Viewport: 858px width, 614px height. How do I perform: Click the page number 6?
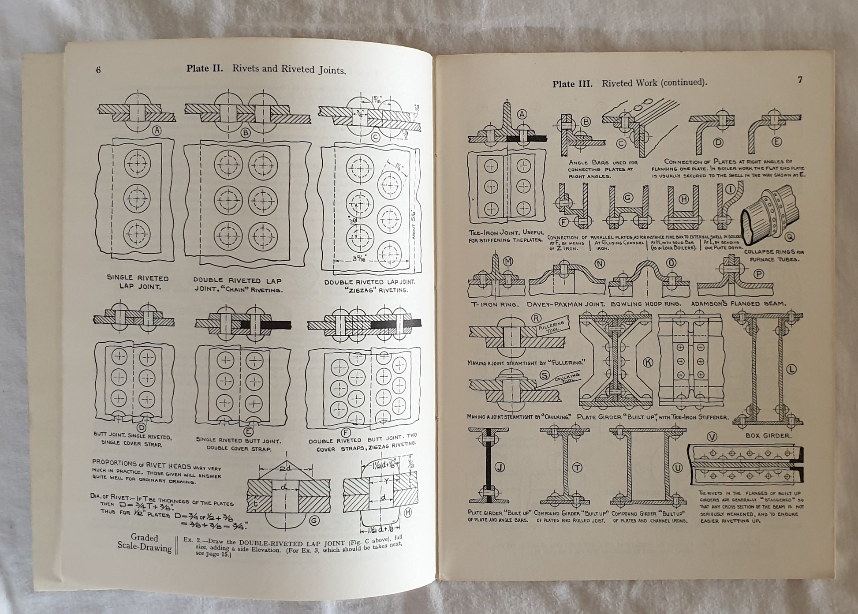pos(98,70)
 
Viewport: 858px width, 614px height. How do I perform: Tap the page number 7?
pos(800,80)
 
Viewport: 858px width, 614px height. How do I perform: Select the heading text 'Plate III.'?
pos(572,84)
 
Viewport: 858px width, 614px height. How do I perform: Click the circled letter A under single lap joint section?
pos(156,130)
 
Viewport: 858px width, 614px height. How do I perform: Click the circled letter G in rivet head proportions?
pos(313,521)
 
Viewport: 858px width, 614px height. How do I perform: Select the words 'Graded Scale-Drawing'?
pos(145,543)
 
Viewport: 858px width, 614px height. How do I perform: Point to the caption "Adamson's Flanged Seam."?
pos(738,303)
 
